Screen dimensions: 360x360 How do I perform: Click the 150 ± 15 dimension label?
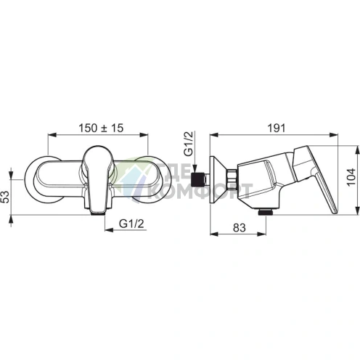101,128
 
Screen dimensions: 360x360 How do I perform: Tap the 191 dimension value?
277,128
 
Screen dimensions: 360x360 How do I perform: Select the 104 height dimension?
351,177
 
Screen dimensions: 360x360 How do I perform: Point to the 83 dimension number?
240,228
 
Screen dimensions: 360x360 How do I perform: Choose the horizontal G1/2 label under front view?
131,224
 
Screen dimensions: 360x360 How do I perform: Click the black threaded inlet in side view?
198,180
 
